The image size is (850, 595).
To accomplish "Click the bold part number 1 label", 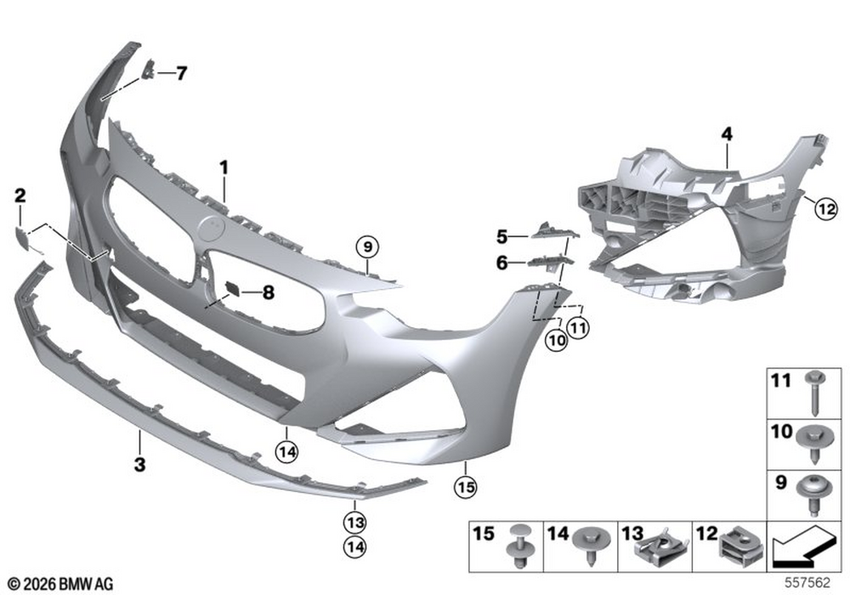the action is [x=224, y=168].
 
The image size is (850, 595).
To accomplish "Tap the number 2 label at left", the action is [x=20, y=195].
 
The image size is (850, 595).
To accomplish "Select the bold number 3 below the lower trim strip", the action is [x=140, y=464].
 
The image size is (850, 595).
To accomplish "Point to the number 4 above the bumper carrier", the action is [x=727, y=133].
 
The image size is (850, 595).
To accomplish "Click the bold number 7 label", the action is [x=181, y=73].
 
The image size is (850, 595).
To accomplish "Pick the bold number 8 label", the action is [x=269, y=293].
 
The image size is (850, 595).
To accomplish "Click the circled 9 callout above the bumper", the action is [x=367, y=247].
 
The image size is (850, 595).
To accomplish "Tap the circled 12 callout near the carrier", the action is [x=826, y=208].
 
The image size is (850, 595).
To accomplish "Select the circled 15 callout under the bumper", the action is [x=466, y=488].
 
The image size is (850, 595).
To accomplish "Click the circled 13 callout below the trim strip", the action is [x=354, y=523].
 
